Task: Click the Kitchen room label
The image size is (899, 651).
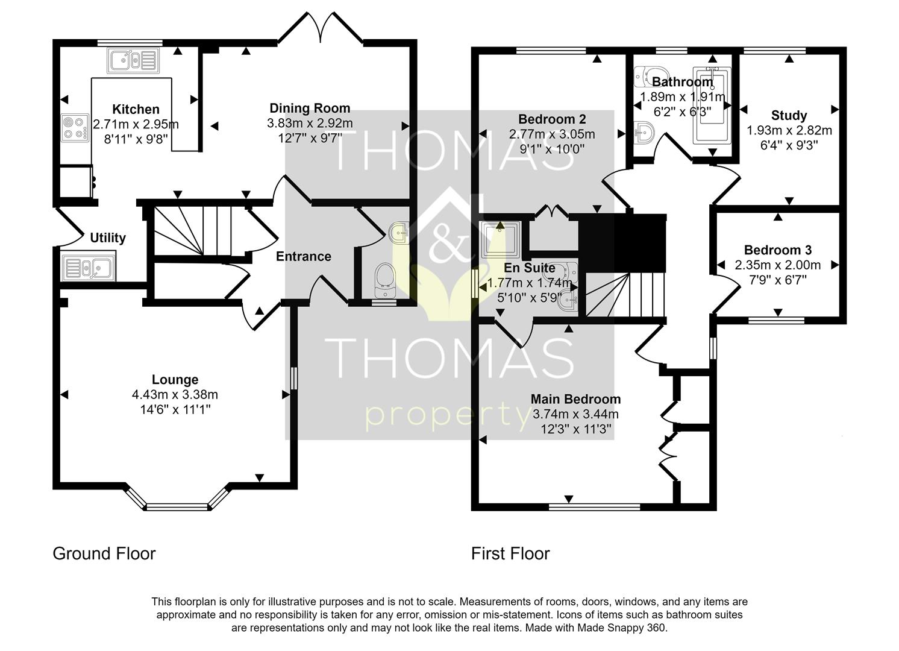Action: [136, 109]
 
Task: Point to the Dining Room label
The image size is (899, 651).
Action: [310, 108]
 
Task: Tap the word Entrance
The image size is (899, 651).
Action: [304, 256]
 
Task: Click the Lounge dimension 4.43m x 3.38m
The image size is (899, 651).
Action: [175, 395]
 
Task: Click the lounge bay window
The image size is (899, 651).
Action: [178, 505]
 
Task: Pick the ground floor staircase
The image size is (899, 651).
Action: [192, 231]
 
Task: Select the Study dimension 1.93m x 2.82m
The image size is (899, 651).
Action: [789, 130]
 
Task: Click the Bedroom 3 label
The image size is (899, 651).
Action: [777, 250]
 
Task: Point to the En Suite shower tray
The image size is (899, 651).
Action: [501, 238]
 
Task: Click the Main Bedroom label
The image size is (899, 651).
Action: [575, 399]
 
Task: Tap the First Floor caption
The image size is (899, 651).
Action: [510, 553]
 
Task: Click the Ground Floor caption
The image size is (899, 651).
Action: [104, 553]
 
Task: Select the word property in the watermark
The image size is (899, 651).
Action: [447, 416]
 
